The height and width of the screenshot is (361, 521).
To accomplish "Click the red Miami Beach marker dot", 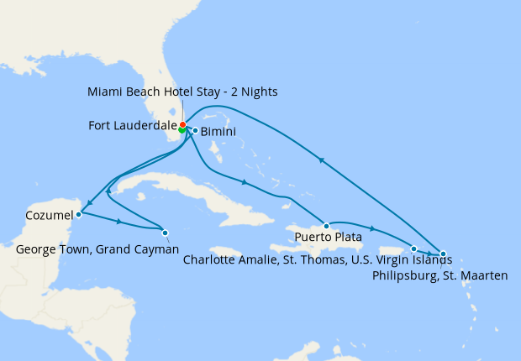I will (183, 125).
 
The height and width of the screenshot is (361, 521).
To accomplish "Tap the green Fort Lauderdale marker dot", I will (182, 129).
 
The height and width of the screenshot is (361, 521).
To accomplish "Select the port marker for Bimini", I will (195, 130).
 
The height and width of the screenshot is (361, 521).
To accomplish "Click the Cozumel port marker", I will (78, 214).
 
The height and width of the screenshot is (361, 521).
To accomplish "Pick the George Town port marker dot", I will (165, 233).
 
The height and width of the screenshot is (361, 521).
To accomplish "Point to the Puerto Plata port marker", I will (326, 226).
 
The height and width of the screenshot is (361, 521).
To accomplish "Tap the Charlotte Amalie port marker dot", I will (413, 249).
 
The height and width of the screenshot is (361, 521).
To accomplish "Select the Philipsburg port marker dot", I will (443, 254).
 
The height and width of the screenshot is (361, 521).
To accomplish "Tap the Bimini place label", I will (218, 132).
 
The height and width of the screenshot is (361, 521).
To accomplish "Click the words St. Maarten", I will (478, 274).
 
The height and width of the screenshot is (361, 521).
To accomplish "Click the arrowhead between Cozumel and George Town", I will (121, 222).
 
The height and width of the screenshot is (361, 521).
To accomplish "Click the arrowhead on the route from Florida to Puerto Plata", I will (244, 182).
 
